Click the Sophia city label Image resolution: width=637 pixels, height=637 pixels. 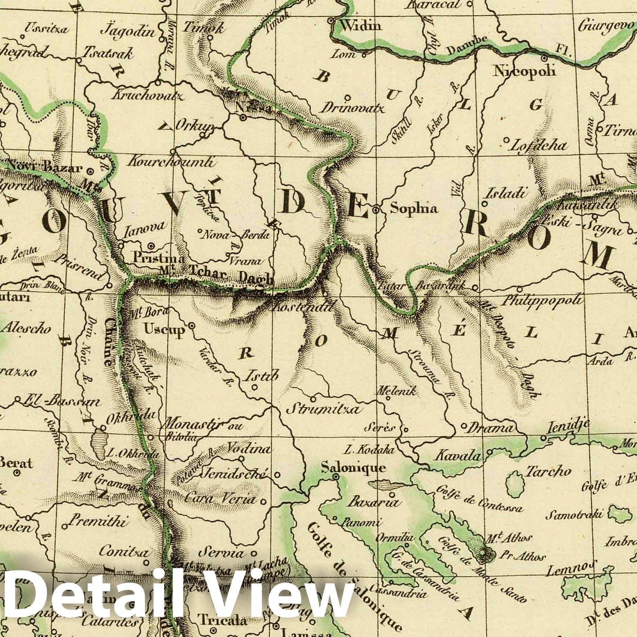pos(414,208)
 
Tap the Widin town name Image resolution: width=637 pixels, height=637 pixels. pos(361,26)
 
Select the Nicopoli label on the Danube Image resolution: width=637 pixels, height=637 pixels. pos(525,70)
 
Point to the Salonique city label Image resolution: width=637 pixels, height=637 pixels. pos(353,467)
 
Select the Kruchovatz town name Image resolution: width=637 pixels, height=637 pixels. pos(147,96)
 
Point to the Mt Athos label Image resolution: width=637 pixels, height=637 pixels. pos(509,538)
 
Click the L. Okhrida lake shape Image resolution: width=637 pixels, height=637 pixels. pos(101,443)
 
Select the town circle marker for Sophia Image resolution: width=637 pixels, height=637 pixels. pos(376,208)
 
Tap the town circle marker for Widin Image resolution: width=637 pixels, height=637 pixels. pos(331,20)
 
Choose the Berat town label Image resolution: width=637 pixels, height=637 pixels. pos(16,463)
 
